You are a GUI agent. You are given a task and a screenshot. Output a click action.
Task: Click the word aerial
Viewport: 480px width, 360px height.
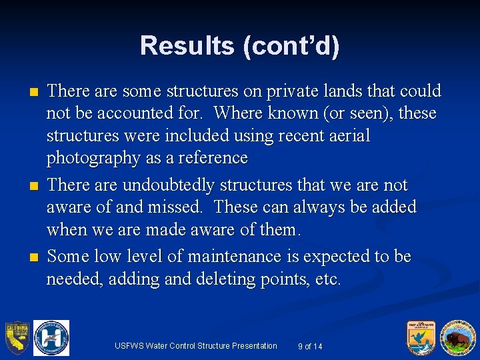pos(345,136)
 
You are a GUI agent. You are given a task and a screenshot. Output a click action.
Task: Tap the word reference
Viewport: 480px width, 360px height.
pos(213,159)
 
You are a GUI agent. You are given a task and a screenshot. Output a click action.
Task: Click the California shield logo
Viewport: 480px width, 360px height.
pos(17,338)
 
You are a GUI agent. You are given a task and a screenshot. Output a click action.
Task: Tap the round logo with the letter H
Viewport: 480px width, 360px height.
pos(51,337)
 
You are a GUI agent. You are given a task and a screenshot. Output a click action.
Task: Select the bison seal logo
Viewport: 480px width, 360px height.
pos(457,337)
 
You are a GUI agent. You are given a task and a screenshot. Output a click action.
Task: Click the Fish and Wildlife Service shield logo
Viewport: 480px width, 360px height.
pos(422,337)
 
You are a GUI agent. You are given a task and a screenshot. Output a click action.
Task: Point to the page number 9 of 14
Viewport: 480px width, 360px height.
pos(310,346)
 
